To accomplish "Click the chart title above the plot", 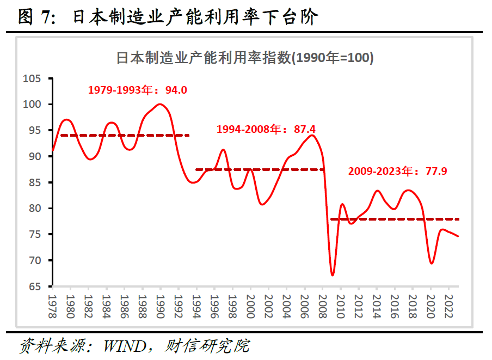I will coord(245,58).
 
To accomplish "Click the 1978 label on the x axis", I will coord(52,306).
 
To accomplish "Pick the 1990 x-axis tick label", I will coord(161,306).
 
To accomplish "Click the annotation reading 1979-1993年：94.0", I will coord(137,90).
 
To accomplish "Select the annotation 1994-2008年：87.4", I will coord(266,130).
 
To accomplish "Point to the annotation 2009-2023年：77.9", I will coord(397,172).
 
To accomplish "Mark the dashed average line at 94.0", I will coord(125,135).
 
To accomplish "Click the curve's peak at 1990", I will coord(160,104).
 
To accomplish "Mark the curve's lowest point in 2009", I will coord(332,275).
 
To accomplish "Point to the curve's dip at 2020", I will coord(432,263).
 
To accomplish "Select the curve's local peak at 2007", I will coord(311,135).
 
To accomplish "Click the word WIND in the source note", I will coord(129,346).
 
